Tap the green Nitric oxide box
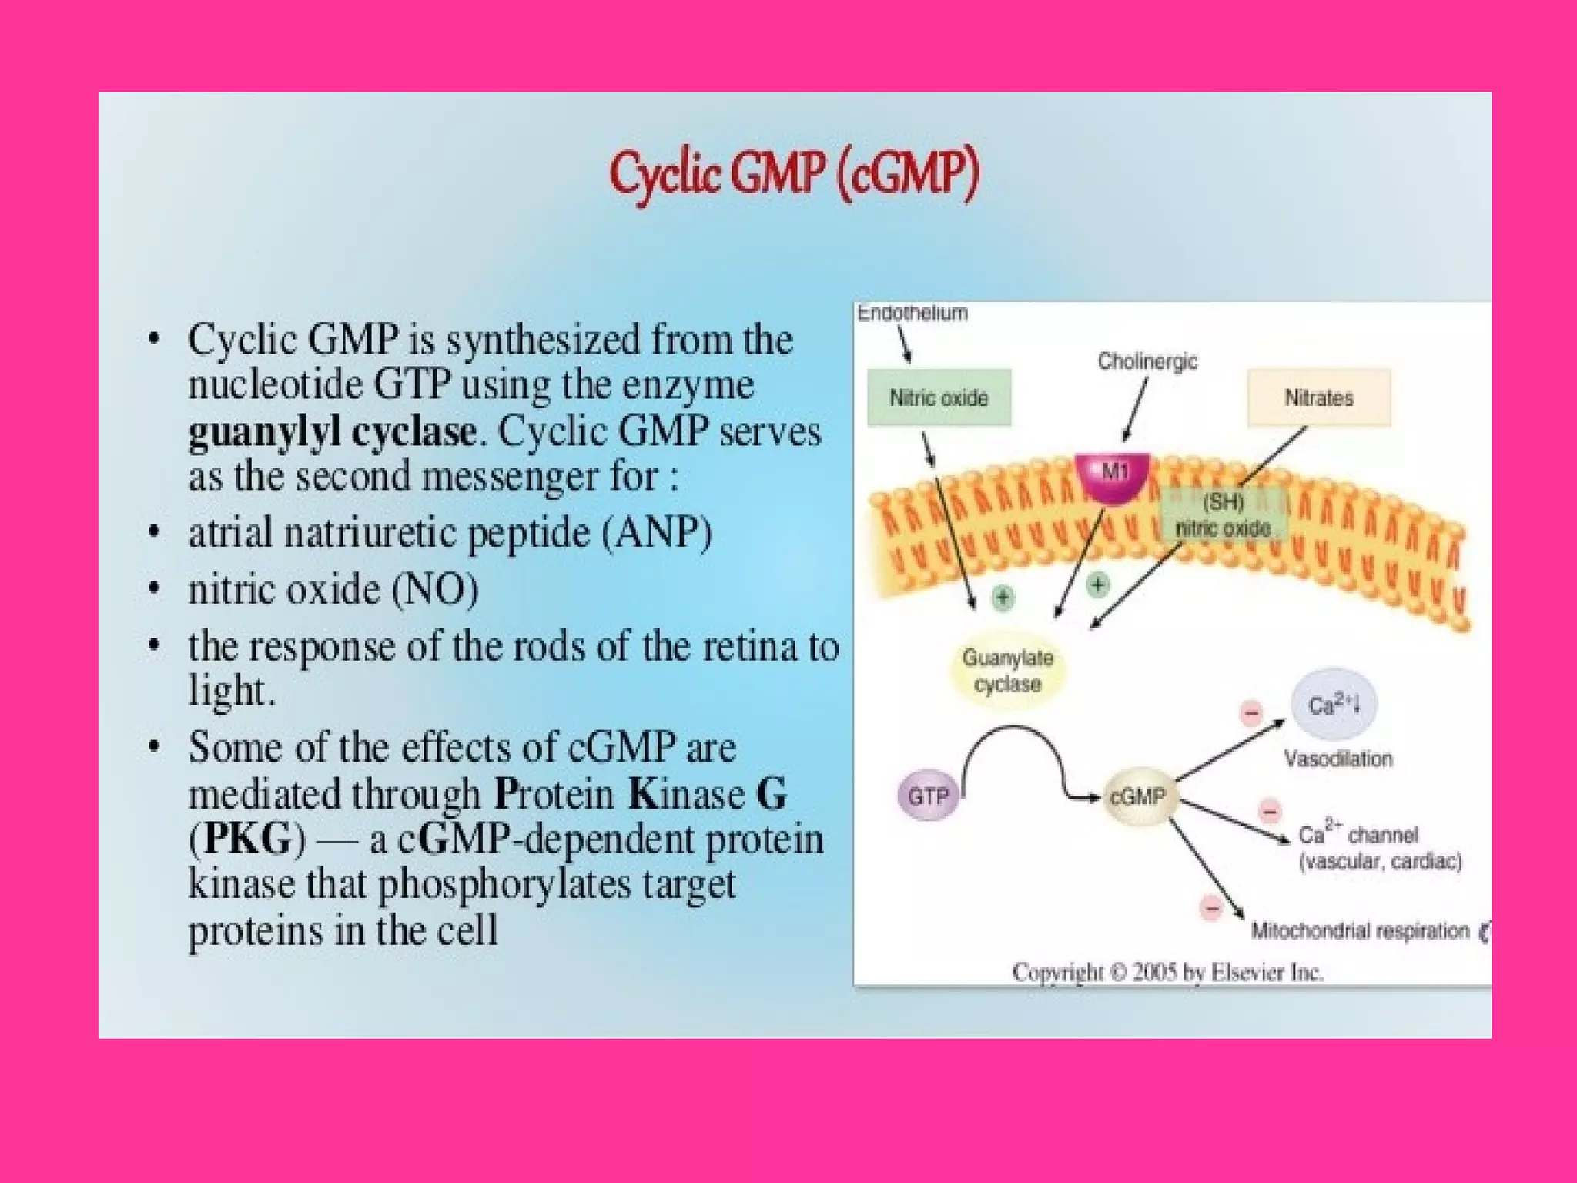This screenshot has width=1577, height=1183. click(x=939, y=397)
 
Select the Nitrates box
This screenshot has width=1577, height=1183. click(x=1318, y=397)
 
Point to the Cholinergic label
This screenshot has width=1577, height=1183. click(x=1147, y=361)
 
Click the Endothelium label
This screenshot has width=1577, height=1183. click(x=912, y=313)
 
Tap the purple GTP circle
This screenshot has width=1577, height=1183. click(x=928, y=796)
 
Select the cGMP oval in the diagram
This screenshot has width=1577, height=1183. click(x=1137, y=796)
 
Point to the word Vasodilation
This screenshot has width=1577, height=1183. click(x=1338, y=759)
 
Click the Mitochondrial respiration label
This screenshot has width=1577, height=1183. click(x=1360, y=931)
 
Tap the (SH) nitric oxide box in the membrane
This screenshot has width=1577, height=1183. click(x=1223, y=515)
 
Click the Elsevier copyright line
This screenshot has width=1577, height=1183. click(x=1167, y=972)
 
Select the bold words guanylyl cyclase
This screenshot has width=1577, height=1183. click(x=332, y=431)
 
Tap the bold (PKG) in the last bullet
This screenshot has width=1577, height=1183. click(x=247, y=839)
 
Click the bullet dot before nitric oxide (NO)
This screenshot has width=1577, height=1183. click(x=155, y=589)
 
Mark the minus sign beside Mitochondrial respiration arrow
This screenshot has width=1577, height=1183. click(x=1211, y=908)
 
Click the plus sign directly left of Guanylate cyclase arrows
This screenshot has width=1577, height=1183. click(x=1003, y=597)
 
